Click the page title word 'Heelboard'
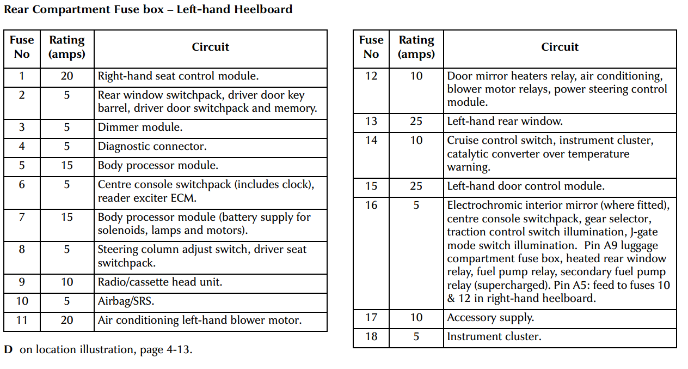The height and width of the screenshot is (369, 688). tap(263, 10)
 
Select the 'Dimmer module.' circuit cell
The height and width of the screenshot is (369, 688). tap(140, 128)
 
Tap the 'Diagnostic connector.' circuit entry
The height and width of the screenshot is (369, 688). tap(152, 147)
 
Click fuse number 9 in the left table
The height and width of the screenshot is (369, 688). tap(22, 282)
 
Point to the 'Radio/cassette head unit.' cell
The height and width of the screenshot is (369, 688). tap(160, 282)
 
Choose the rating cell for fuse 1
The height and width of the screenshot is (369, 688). tap(67, 76)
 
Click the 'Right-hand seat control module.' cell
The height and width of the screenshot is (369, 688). tap(178, 76)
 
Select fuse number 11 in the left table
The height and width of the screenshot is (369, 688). tap(22, 320)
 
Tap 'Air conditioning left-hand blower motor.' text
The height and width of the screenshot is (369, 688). tap(199, 320)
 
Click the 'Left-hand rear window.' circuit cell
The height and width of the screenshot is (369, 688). tap(505, 122)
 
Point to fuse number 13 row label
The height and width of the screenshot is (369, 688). tap(371, 122)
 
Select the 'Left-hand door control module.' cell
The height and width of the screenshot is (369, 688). tap(525, 186)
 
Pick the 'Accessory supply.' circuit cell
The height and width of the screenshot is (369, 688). tap(490, 318)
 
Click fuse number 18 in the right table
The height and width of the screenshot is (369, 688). tap(371, 337)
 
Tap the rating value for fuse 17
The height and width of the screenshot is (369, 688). tap(416, 318)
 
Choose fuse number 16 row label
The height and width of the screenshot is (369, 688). tap(371, 205)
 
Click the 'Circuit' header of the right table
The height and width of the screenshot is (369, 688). tap(560, 47)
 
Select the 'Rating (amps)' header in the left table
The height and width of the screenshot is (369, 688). tap(67, 47)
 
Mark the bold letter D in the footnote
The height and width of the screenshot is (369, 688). tap(8, 349)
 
